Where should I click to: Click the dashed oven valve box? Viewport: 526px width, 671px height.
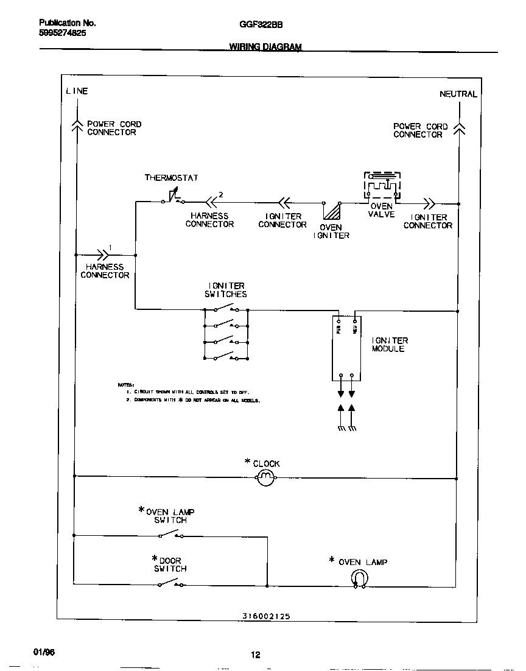tap(382, 185)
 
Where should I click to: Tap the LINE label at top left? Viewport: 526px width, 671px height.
tap(77, 91)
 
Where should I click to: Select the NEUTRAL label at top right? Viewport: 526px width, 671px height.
tap(458, 94)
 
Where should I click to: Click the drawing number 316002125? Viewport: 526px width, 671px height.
tap(262, 616)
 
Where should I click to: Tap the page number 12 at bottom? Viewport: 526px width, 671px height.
tap(256, 655)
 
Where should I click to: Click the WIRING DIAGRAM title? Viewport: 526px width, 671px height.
tap(265, 47)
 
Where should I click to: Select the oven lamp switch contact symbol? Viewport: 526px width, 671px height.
tap(171, 535)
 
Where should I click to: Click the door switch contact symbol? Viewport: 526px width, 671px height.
tap(171, 584)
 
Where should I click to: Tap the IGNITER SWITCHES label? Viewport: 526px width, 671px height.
tap(226, 290)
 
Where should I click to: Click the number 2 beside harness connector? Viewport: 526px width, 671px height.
tap(221, 195)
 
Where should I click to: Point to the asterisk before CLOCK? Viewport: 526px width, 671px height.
tap(247, 462)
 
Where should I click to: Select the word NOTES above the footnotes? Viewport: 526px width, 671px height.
tap(125, 385)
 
